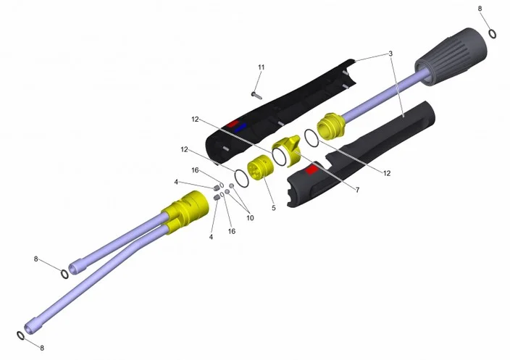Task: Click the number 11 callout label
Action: click(x=262, y=67)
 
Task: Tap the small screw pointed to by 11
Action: click(x=256, y=95)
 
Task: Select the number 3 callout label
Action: click(x=390, y=54)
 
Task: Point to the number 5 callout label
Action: click(x=274, y=208)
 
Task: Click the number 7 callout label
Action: click(x=357, y=190)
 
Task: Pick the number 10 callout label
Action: click(x=250, y=218)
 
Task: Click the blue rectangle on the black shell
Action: click(x=240, y=127)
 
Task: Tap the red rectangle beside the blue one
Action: click(x=233, y=124)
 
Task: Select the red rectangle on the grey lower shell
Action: click(x=312, y=169)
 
